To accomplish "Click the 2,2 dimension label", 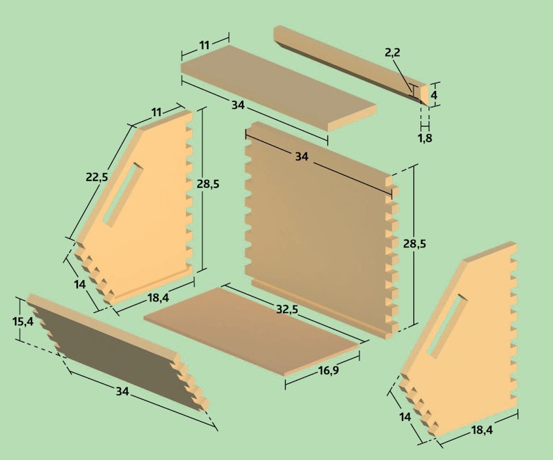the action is (x=392, y=53).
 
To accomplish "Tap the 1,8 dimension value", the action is (x=425, y=138).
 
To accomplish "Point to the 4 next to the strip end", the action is (x=434, y=95).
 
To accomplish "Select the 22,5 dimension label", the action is (x=97, y=177).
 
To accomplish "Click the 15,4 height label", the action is (x=23, y=321).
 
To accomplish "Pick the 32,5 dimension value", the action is (x=286, y=310).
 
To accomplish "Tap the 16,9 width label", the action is (x=328, y=370).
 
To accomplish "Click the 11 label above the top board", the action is (x=204, y=46).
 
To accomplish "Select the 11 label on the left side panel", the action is (x=157, y=112).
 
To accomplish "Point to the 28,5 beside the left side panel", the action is (x=208, y=184).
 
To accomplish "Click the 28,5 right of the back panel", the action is (x=415, y=244).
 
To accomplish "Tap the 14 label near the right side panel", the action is (x=405, y=417).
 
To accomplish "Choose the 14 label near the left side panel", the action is (x=80, y=284).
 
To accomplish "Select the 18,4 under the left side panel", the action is (x=158, y=298).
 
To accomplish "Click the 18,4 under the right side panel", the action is (x=482, y=430).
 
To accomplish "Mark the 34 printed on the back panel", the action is (x=301, y=157).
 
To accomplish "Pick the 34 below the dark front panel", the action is (x=122, y=391).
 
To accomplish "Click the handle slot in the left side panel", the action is (x=123, y=195).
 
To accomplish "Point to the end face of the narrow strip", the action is (x=424, y=95).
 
